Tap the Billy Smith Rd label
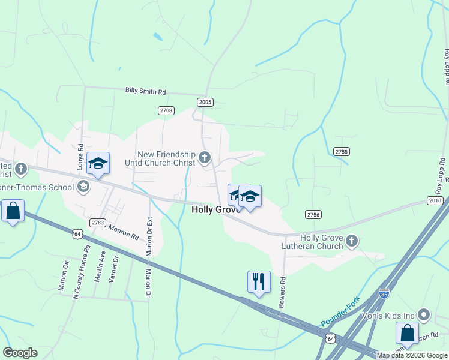(x=145, y=91)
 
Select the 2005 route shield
(x=205, y=102)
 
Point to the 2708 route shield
(x=166, y=110)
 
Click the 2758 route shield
(x=342, y=152)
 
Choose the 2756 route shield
(x=313, y=214)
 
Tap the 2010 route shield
(x=435, y=200)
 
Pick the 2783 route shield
(x=98, y=223)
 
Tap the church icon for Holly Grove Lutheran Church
(x=352, y=241)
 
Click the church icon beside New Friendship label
(x=205, y=158)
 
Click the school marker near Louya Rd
(x=98, y=163)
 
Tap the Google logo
(x=20, y=353)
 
